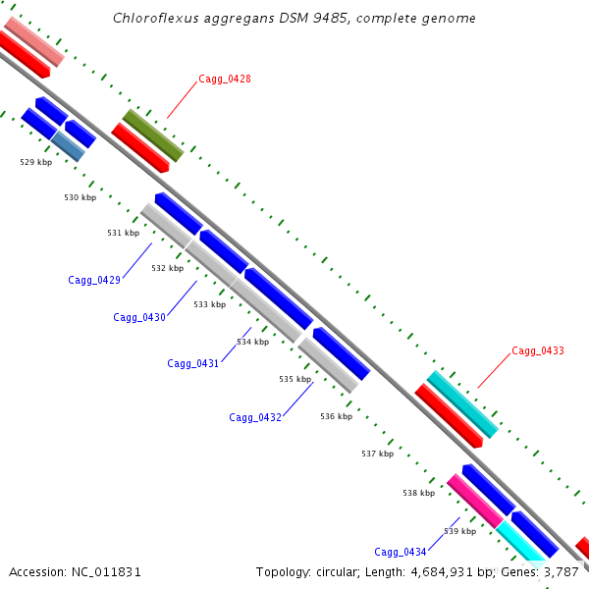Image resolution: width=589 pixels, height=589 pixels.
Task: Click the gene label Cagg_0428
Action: pyautogui.click(x=225, y=79)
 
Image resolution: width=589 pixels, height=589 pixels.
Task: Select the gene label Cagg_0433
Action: pyautogui.click(x=538, y=350)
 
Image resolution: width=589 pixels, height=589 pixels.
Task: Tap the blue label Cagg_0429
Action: pyautogui.click(x=94, y=280)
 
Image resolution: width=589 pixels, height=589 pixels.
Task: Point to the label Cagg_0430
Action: pyautogui.click(x=139, y=317)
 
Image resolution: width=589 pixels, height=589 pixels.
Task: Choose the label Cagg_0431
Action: pyautogui.click(x=193, y=363)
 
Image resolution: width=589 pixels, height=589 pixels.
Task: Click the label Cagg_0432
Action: pyautogui.click(x=255, y=417)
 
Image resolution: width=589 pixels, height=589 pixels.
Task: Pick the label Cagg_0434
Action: pyautogui.click(x=401, y=552)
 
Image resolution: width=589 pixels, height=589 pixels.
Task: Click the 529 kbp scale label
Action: pyautogui.click(x=36, y=162)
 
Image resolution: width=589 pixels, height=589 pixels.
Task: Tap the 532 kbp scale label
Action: pyautogui.click(x=168, y=268)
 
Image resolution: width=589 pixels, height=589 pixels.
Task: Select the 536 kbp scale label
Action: pyautogui.click(x=337, y=416)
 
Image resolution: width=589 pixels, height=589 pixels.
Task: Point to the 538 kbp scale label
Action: pyautogui.click(x=419, y=493)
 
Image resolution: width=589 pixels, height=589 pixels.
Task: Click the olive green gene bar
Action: pyautogui.click(x=153, y=135)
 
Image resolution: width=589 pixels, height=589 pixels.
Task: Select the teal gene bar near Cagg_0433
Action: pyautogui.click(x=462, y=404)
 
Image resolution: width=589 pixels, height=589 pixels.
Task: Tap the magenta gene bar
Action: pyautogui.click(x=475, y=501)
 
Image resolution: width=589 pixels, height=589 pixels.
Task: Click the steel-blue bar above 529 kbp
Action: pyautogui.click(x=68, y=146)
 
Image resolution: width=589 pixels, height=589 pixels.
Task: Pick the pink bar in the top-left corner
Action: pyautogui.click(x=34, y=41)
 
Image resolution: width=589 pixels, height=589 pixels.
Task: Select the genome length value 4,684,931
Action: pyautogui.click(x=442, y=572)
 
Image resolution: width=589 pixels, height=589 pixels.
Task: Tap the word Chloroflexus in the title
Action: pyautogui.click(x=156, y=18)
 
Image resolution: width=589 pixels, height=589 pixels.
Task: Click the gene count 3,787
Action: pyautogui.click(x=562, y=572)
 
